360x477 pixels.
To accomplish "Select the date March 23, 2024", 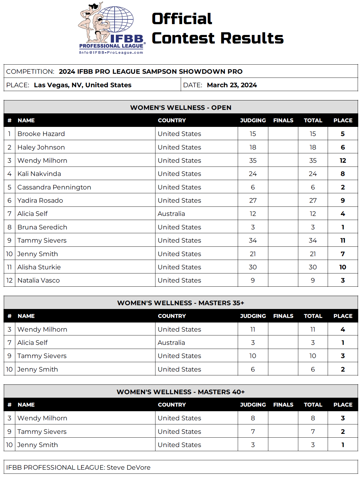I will tap(232, 85).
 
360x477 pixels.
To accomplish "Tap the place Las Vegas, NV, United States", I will tap(83, 85).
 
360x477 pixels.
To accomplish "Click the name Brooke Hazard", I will tap(41, 134).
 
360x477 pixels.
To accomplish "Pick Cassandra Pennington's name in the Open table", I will tap(54, 187).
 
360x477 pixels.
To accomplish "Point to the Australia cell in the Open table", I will tap(171, 214).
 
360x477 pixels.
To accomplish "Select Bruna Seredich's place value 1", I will tap(343, 227).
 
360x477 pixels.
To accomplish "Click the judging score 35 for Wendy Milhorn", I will tap(253, 161).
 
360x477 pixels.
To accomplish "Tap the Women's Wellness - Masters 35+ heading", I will tap(180, 303).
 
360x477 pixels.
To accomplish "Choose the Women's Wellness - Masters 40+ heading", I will tap(180, 392).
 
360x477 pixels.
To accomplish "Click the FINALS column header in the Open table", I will tap(283, 120).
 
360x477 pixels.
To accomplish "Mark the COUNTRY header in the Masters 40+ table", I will tap(172, 405).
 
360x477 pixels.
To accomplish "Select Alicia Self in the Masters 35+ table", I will tap(32, 343).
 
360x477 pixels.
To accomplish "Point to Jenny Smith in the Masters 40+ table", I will tap(38, 445).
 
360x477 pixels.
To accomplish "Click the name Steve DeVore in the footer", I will tap(128, 468).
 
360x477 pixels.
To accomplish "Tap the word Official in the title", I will tap(182, 19).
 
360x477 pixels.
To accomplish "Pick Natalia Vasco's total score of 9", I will tap(313, 281).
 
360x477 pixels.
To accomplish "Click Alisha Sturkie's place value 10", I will tap(343, 267).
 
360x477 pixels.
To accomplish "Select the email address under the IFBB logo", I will tap(111, 53).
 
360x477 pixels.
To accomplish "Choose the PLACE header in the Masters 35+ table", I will tap(343, 316).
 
